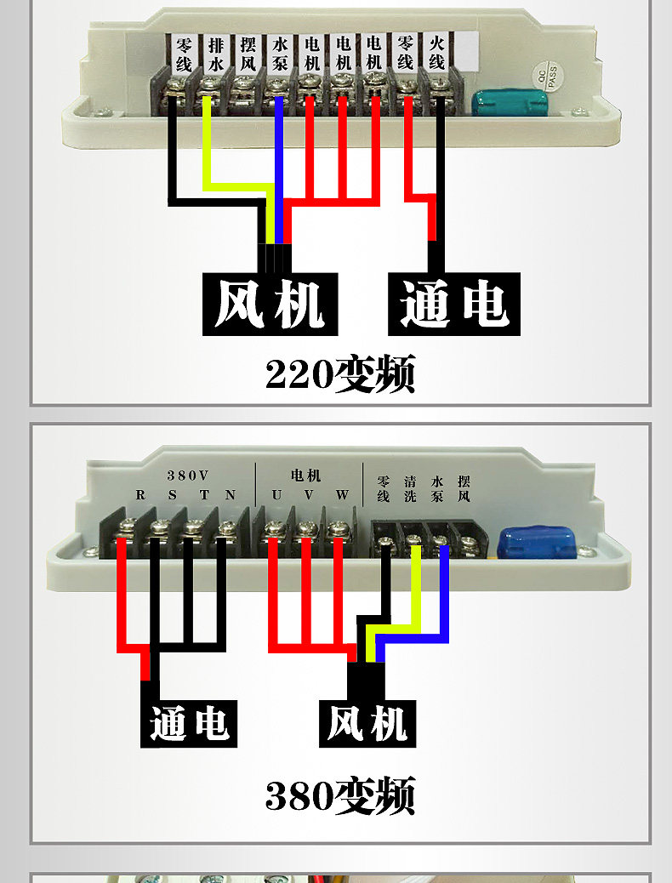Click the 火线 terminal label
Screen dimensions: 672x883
(x=437, y=53)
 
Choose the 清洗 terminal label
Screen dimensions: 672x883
(x=411, y=488)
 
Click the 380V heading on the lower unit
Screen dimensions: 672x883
(x=186, y=475)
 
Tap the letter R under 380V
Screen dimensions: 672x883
(x=140, y=495)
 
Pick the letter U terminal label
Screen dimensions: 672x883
(x=276, y=495)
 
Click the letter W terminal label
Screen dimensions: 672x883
(x=341, y=495)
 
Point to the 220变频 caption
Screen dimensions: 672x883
(x=339, y=373)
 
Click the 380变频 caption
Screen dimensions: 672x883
(x=339, y=795)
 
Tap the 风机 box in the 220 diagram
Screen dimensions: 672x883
(x=270, y=304)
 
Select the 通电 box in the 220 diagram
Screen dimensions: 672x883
(x=453, y=304)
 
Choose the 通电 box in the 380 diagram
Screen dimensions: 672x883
(x=189, y=723)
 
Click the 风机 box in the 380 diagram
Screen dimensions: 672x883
(x=367, y=725)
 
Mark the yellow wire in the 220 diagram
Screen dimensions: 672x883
(x=207, y=153)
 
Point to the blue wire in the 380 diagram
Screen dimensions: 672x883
(x=443, y=595)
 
